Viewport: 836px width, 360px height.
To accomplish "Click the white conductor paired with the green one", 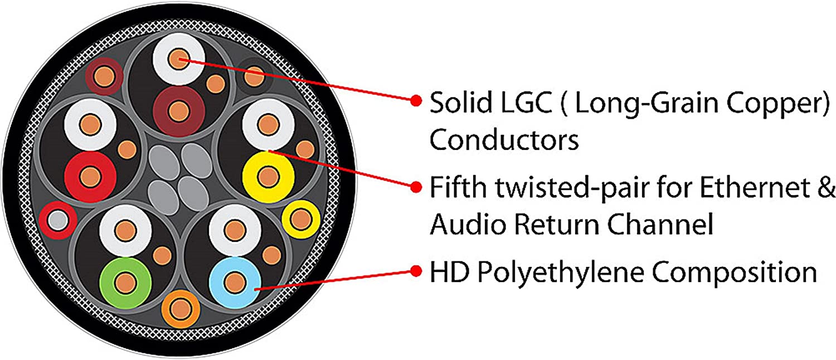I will point(126,230).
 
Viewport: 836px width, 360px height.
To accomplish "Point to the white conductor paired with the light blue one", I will point(235,230).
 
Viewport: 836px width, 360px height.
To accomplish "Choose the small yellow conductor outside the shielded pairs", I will point(300,219).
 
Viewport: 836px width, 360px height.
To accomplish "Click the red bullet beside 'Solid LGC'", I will point(415,101).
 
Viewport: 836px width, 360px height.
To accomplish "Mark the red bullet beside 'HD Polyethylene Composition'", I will point(415,271).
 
